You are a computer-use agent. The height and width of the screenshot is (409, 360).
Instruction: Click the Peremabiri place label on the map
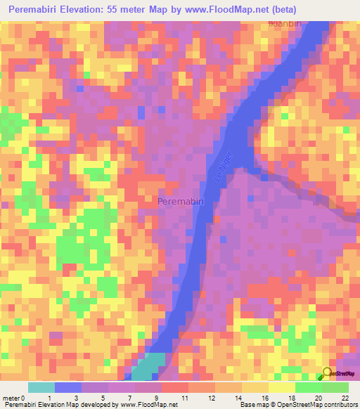181,201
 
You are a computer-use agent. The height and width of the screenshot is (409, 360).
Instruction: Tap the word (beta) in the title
280,10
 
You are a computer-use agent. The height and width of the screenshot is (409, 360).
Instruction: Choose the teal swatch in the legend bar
41,387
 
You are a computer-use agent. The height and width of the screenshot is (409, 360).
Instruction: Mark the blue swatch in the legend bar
67,387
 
